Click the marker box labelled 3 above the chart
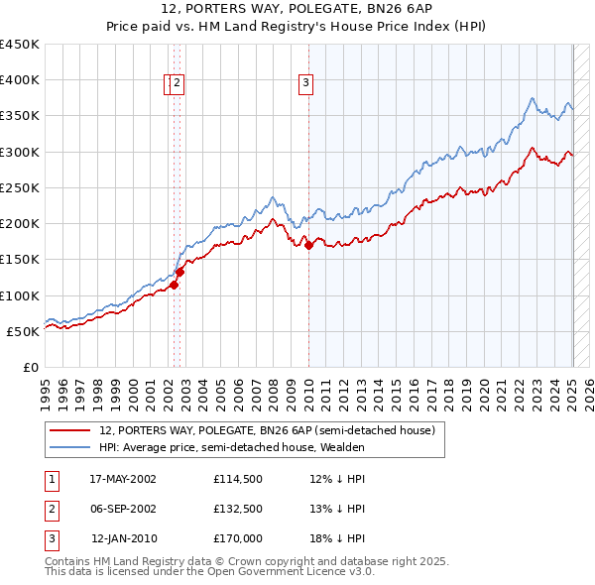click(306, 83)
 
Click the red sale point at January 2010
click(308, 245)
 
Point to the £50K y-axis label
click(24, 331)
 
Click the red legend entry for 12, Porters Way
click(267, 430)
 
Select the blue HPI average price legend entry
click(232, 447)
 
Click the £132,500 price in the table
click(238, 509)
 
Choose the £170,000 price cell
click(238, 538)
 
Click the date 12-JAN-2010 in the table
click(124, 538)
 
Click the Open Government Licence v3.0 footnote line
click(209, 571)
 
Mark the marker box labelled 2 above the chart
click(178, 83)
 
